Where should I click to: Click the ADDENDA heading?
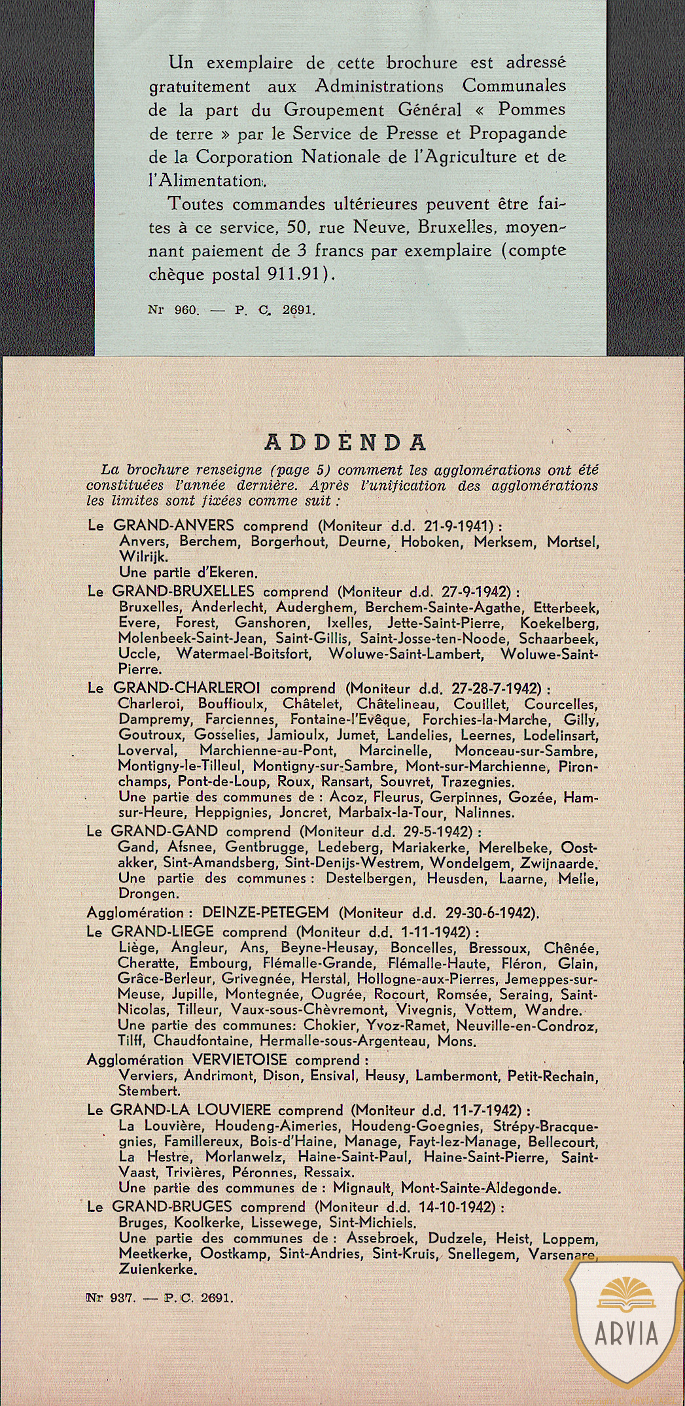[345, 443]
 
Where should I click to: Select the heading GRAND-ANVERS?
[173, 525]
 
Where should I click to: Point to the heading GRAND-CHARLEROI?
[186, 688]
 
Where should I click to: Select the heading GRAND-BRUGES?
[172, 1207]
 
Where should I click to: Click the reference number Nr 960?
[173, 310]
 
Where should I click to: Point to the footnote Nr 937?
[111, 1297]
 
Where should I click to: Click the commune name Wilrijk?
[143, 557]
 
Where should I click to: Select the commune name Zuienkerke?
[158, 1269]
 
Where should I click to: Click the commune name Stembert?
[149, 1091]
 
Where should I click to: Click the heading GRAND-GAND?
[164, 831]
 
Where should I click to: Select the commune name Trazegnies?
[478, 782]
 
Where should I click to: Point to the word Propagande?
[517, 133]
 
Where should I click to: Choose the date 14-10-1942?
[451, 1207]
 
